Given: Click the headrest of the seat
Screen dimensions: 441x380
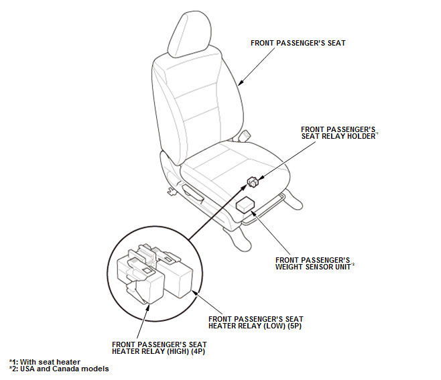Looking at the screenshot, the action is click(189, 34).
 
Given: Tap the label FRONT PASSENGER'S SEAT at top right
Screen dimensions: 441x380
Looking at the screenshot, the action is click(298, 43).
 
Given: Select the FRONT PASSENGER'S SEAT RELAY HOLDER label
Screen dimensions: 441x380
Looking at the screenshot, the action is click(339, 133).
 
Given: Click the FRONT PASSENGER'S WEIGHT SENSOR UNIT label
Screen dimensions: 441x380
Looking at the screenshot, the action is click(314, 263).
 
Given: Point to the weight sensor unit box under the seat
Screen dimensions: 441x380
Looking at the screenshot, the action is click(245, 204).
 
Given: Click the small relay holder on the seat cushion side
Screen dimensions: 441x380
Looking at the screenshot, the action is click(253, 182).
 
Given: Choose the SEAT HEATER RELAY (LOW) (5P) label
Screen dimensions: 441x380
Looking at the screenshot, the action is click(255, 322).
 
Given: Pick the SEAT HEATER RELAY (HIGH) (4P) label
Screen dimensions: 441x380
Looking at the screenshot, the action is click(160, 348).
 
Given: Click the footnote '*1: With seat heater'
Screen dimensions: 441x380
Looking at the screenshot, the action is click(45, 362).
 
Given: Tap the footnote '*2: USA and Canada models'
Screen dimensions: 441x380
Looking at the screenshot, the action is click(59, 369).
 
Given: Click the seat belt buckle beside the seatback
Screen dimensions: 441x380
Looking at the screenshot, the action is click(244, 135).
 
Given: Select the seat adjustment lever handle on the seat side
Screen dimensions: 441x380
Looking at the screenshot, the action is click(192, 194).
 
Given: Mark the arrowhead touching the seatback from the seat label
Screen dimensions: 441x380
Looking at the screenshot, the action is click(241, 82).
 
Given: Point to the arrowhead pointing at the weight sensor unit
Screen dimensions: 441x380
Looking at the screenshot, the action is click(253, 213).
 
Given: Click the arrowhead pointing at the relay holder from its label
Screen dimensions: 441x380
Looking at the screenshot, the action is click(261, 178).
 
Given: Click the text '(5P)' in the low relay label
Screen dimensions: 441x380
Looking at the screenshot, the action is click(294, 326).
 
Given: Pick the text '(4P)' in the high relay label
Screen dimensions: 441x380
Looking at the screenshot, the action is click(198, 352).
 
